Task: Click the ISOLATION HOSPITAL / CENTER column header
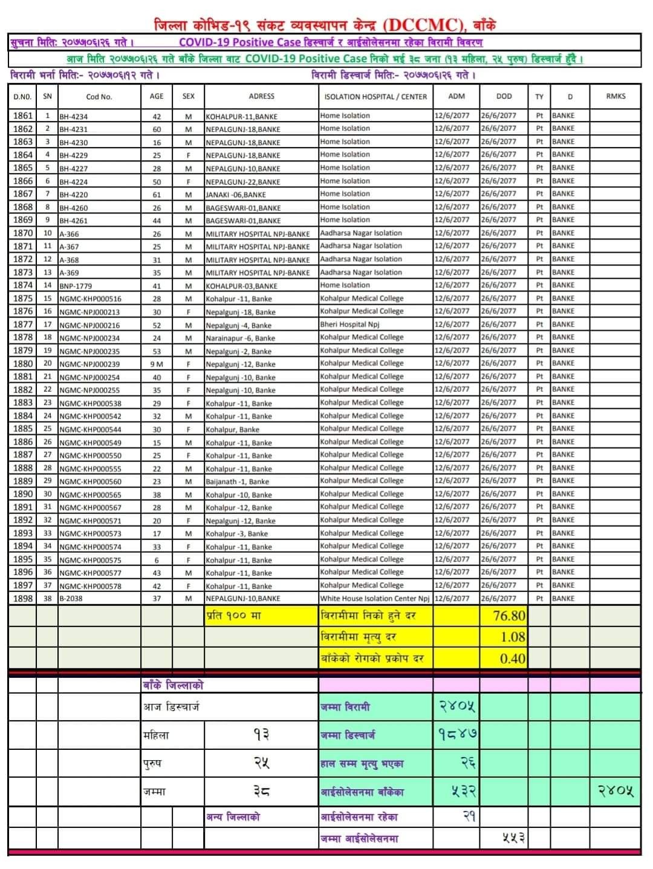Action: (x=375, y=97)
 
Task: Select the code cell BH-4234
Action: (x=73, y=117)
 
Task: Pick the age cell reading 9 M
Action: (x=157, y=364)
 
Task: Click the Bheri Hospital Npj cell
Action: (x=349, y=324)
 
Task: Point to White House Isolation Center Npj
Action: (x=375, y=599)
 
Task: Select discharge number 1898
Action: (x=23, y=599)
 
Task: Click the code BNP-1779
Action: (x=76, y=286)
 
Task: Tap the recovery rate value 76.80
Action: (x=509, y=616)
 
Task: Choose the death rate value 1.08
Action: (x=513, y=637)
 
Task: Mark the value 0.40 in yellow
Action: (x=513, y=659)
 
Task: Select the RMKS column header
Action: (x=616, y=96)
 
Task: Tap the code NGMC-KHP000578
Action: (x=91, y=587)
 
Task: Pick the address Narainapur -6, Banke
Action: (x=240, y=339)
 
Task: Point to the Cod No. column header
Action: (x=99, y=97)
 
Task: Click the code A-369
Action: (x=69, y=273)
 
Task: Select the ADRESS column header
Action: (x=261, y=96)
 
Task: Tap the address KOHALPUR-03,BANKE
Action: (x=241, y=286)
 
